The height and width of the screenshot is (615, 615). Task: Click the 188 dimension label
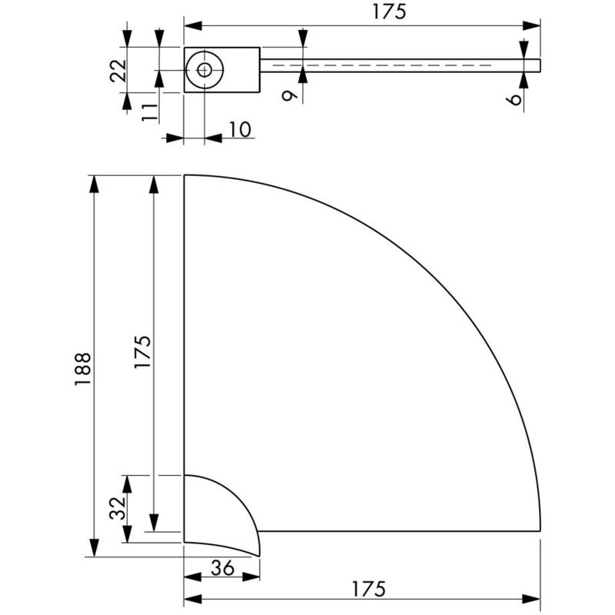pyautogui.click(x=83, y=369)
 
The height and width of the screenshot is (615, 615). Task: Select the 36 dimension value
pyautogui.click(x=222, y=567)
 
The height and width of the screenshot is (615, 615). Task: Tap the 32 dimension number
pyautogui.click(x=118, y=508)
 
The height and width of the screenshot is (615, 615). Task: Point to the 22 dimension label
pyautogui.click(x=118, y=70)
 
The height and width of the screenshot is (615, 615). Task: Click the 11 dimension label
pyautogui.click(x=149, y=112)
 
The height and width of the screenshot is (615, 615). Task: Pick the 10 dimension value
pyautogui.click(x=239, y=129)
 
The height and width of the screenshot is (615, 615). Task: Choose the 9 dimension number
pyautogui.click(x=290, y=95)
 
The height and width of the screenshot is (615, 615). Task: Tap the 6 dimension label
pyautogui.click(x=514, y=100)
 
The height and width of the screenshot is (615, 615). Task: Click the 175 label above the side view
pyautogui.click(x=389, y=12)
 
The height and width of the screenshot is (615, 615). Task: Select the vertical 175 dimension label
pyautogui.click(x=142, y=351)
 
